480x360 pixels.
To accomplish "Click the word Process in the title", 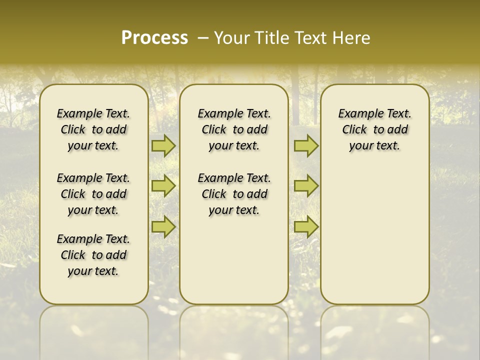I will pos(154,38).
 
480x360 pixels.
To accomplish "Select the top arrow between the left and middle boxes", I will pos(163,146).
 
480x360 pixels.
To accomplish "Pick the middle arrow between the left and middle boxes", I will pos(163,186).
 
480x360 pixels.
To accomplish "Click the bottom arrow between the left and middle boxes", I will pos(163,226).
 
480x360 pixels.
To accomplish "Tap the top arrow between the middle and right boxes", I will pos(306,146).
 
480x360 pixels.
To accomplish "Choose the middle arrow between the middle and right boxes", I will pos(306,186).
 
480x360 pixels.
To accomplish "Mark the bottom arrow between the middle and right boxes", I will pos(306,226).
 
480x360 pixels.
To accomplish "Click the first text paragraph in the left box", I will pos(93,129).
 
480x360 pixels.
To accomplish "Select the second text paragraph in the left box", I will pos(93,194).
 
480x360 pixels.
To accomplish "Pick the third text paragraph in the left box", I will pos(93,255).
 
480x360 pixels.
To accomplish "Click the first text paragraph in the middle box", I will pos(234,129).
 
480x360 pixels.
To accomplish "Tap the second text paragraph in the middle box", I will pos(234,194).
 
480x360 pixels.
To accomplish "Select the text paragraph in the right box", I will pos(375,129).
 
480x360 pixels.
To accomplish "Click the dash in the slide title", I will pos(203,38).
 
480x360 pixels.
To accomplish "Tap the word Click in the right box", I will pos(354,130).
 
